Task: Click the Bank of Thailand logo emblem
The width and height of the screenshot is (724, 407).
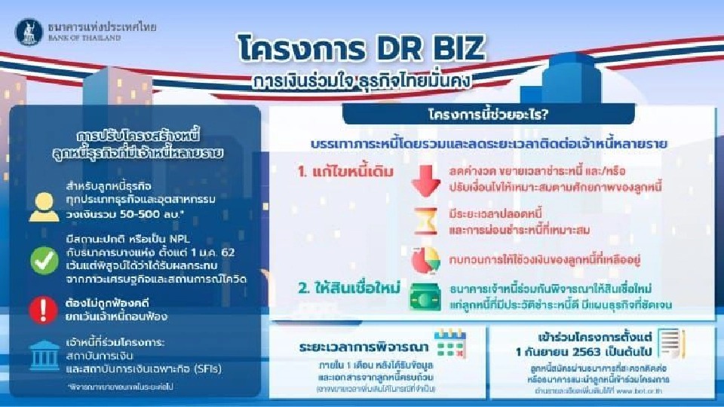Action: [29, 32]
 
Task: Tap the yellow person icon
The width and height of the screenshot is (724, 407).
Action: [44, 206]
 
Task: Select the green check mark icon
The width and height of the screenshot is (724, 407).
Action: [44, 260]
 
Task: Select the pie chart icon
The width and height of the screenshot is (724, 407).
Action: [425, 260]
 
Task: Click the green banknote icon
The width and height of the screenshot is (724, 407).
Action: [425, 296]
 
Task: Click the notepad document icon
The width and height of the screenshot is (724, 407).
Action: [670, 344]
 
